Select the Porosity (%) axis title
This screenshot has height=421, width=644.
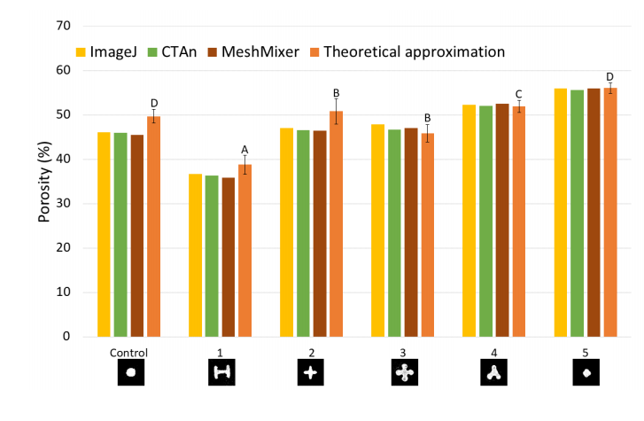coord(43,182)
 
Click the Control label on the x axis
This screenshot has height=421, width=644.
coord(129,352)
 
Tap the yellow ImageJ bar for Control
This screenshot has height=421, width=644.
coord(104,235)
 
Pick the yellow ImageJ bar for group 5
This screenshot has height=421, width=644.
coord(560,213)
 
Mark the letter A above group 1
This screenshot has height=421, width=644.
coord(245,149)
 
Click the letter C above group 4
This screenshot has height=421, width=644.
coord(518,95)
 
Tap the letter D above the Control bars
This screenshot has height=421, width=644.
coord(154,104)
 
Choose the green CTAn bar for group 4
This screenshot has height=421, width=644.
coord(485,222)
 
